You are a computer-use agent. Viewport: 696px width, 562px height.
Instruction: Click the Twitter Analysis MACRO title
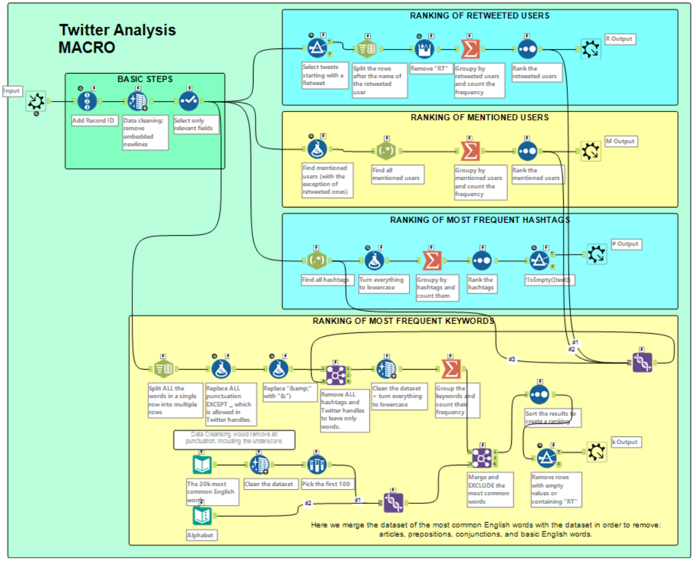coord(117,39)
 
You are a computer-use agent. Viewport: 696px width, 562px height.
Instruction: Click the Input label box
coord(12,91)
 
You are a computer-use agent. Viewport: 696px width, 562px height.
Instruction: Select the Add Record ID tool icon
coord(88,102)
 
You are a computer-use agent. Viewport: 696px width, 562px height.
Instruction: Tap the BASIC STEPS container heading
coord(145,80)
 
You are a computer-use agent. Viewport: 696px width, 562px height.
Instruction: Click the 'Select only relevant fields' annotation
coord(193,124)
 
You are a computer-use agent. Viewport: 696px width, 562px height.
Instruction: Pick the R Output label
coord(619,39)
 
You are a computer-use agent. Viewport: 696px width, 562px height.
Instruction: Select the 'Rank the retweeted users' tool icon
coord(528,49)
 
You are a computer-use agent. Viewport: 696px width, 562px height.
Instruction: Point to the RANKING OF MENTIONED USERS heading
coord(480,117)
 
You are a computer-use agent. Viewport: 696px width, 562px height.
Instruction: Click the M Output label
coord(620,141)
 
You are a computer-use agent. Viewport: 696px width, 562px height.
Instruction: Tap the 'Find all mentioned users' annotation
coord(396,174)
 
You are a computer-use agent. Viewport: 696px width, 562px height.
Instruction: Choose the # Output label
coord(625,244)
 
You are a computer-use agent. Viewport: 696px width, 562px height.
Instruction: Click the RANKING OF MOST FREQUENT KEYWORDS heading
coord(403,321)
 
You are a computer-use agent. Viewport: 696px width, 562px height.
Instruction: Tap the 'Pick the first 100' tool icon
coord(317,465)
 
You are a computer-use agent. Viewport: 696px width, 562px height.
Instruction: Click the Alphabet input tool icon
coord(202,515)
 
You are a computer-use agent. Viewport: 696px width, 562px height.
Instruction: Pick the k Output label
coord(625,442)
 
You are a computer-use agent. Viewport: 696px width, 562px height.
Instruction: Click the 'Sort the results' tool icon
coord(539,395)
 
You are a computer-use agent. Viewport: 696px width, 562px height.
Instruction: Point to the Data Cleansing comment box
coord(234,438)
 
